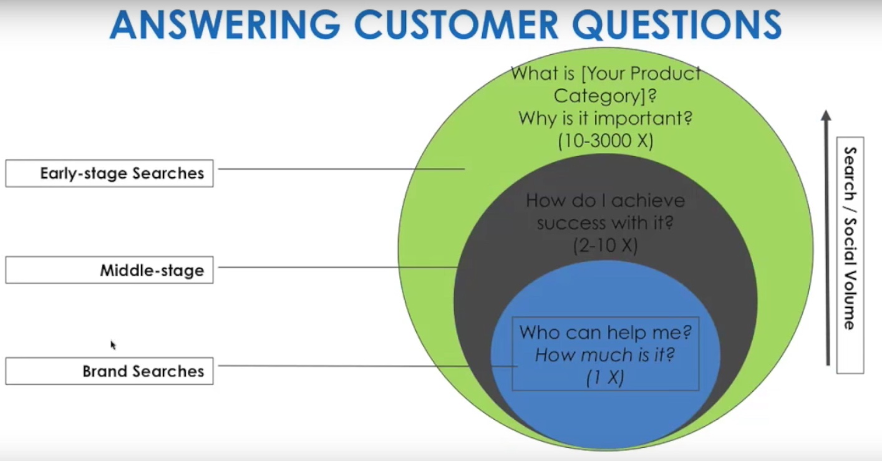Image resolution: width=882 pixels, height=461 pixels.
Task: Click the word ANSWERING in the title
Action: tap(225, 25)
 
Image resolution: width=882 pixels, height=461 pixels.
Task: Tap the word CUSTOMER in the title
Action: tap(456, 25)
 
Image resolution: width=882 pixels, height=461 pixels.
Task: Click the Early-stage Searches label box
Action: tap(109, 173)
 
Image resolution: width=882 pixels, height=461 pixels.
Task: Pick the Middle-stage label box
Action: tap(109, 270)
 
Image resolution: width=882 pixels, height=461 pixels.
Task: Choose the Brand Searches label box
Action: tap(109, 371)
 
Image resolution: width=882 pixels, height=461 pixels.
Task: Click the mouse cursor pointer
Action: tap(113, 345)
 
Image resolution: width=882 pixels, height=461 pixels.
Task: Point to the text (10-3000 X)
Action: tap(606, 140)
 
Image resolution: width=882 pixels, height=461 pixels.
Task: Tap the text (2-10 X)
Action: tap(606, 246)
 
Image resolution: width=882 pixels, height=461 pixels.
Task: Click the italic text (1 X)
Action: tap(605, 377)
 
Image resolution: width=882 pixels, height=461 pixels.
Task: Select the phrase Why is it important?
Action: tap(606, 118)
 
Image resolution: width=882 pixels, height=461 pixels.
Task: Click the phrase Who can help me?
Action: tap(606, 332)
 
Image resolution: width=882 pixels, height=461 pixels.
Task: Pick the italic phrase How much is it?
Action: tap(605, 355)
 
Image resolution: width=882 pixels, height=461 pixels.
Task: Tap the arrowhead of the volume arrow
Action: tap(826, 115)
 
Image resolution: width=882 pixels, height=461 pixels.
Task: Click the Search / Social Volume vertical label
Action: tap(850, 238)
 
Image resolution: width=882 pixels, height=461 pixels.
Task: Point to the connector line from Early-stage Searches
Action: tap(341, 169)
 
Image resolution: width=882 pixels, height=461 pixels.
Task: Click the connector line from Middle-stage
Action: tap(338, 268)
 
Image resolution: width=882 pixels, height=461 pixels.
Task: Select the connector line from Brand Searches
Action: tap(368, 366)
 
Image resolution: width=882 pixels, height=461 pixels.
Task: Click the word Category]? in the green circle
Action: tap(606, 95)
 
